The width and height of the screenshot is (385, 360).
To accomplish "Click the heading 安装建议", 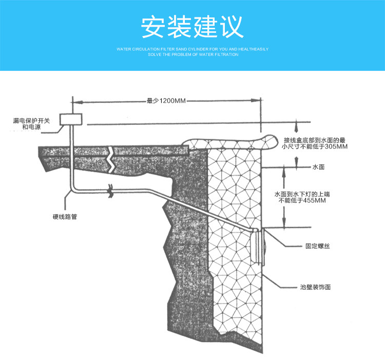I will (192, 27).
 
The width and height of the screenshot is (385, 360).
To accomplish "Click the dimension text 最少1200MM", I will (166, 101).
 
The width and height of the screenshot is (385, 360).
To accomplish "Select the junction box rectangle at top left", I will (71, 119).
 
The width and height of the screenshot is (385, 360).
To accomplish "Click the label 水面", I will (319, 167).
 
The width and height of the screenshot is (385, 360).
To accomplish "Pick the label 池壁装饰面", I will (315, 287).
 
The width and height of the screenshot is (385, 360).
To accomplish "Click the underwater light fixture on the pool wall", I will (261, 247).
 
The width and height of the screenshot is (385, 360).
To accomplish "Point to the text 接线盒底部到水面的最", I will (314, 139).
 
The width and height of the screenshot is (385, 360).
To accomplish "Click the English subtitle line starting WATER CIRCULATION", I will (192, 49).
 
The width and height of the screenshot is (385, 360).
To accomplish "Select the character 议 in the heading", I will (232, 27).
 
